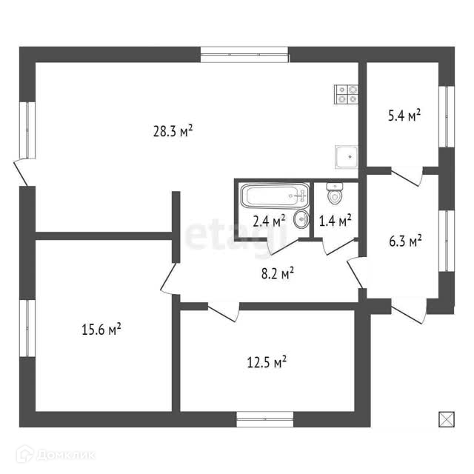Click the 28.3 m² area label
click(x=173, y=132)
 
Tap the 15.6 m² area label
click(x=101, y=328)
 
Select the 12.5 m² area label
click(x=266, y=362)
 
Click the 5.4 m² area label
click(x=404, y=116)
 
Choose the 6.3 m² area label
click(x=404, y=241)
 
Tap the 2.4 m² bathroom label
click(x=268, y=221)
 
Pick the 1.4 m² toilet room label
click(x=335, y=220)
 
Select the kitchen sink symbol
click(x=347, y=156)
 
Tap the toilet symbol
click(x=335, y=195)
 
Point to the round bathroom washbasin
click(x=301, y=218)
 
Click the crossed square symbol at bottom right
click(x=446, y=419)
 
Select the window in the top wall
click(x=244, y=54)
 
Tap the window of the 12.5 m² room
click(x=266, y=420)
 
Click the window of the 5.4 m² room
click(x=446, y=116)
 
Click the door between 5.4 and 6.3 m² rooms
click(x=407, y=176)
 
